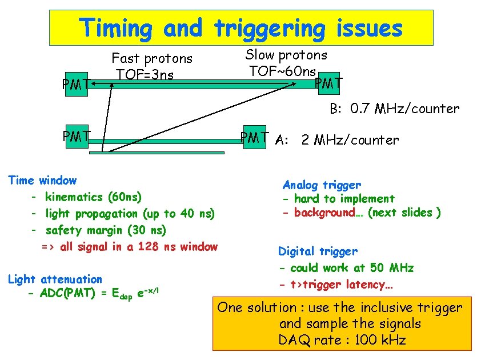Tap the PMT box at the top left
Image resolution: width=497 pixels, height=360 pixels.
coord(76,84)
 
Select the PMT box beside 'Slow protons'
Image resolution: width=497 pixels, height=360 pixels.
coord(328,83)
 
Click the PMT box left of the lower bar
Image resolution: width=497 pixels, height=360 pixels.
coord(76,137)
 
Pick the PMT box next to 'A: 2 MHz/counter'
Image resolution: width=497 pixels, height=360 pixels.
coord(255,137)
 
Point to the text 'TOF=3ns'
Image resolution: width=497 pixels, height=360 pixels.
coord(145,74)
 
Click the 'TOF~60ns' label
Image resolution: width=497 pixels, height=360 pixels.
coord(282,71)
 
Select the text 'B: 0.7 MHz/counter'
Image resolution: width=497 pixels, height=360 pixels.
coord(394,109)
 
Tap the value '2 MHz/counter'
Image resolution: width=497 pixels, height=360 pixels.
coord(350,140)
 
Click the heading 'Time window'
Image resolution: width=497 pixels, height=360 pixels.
coord(42,181)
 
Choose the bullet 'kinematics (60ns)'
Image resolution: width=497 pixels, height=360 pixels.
coord(93,197)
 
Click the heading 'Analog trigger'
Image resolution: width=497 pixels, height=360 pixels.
coord(322,185)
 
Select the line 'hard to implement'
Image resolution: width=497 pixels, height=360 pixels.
coord(344,199)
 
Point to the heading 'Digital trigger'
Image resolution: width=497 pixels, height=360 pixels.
coord(318,251)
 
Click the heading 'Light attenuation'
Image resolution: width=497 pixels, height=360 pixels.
coord(55,279)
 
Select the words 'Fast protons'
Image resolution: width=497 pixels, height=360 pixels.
coord(152,58)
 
